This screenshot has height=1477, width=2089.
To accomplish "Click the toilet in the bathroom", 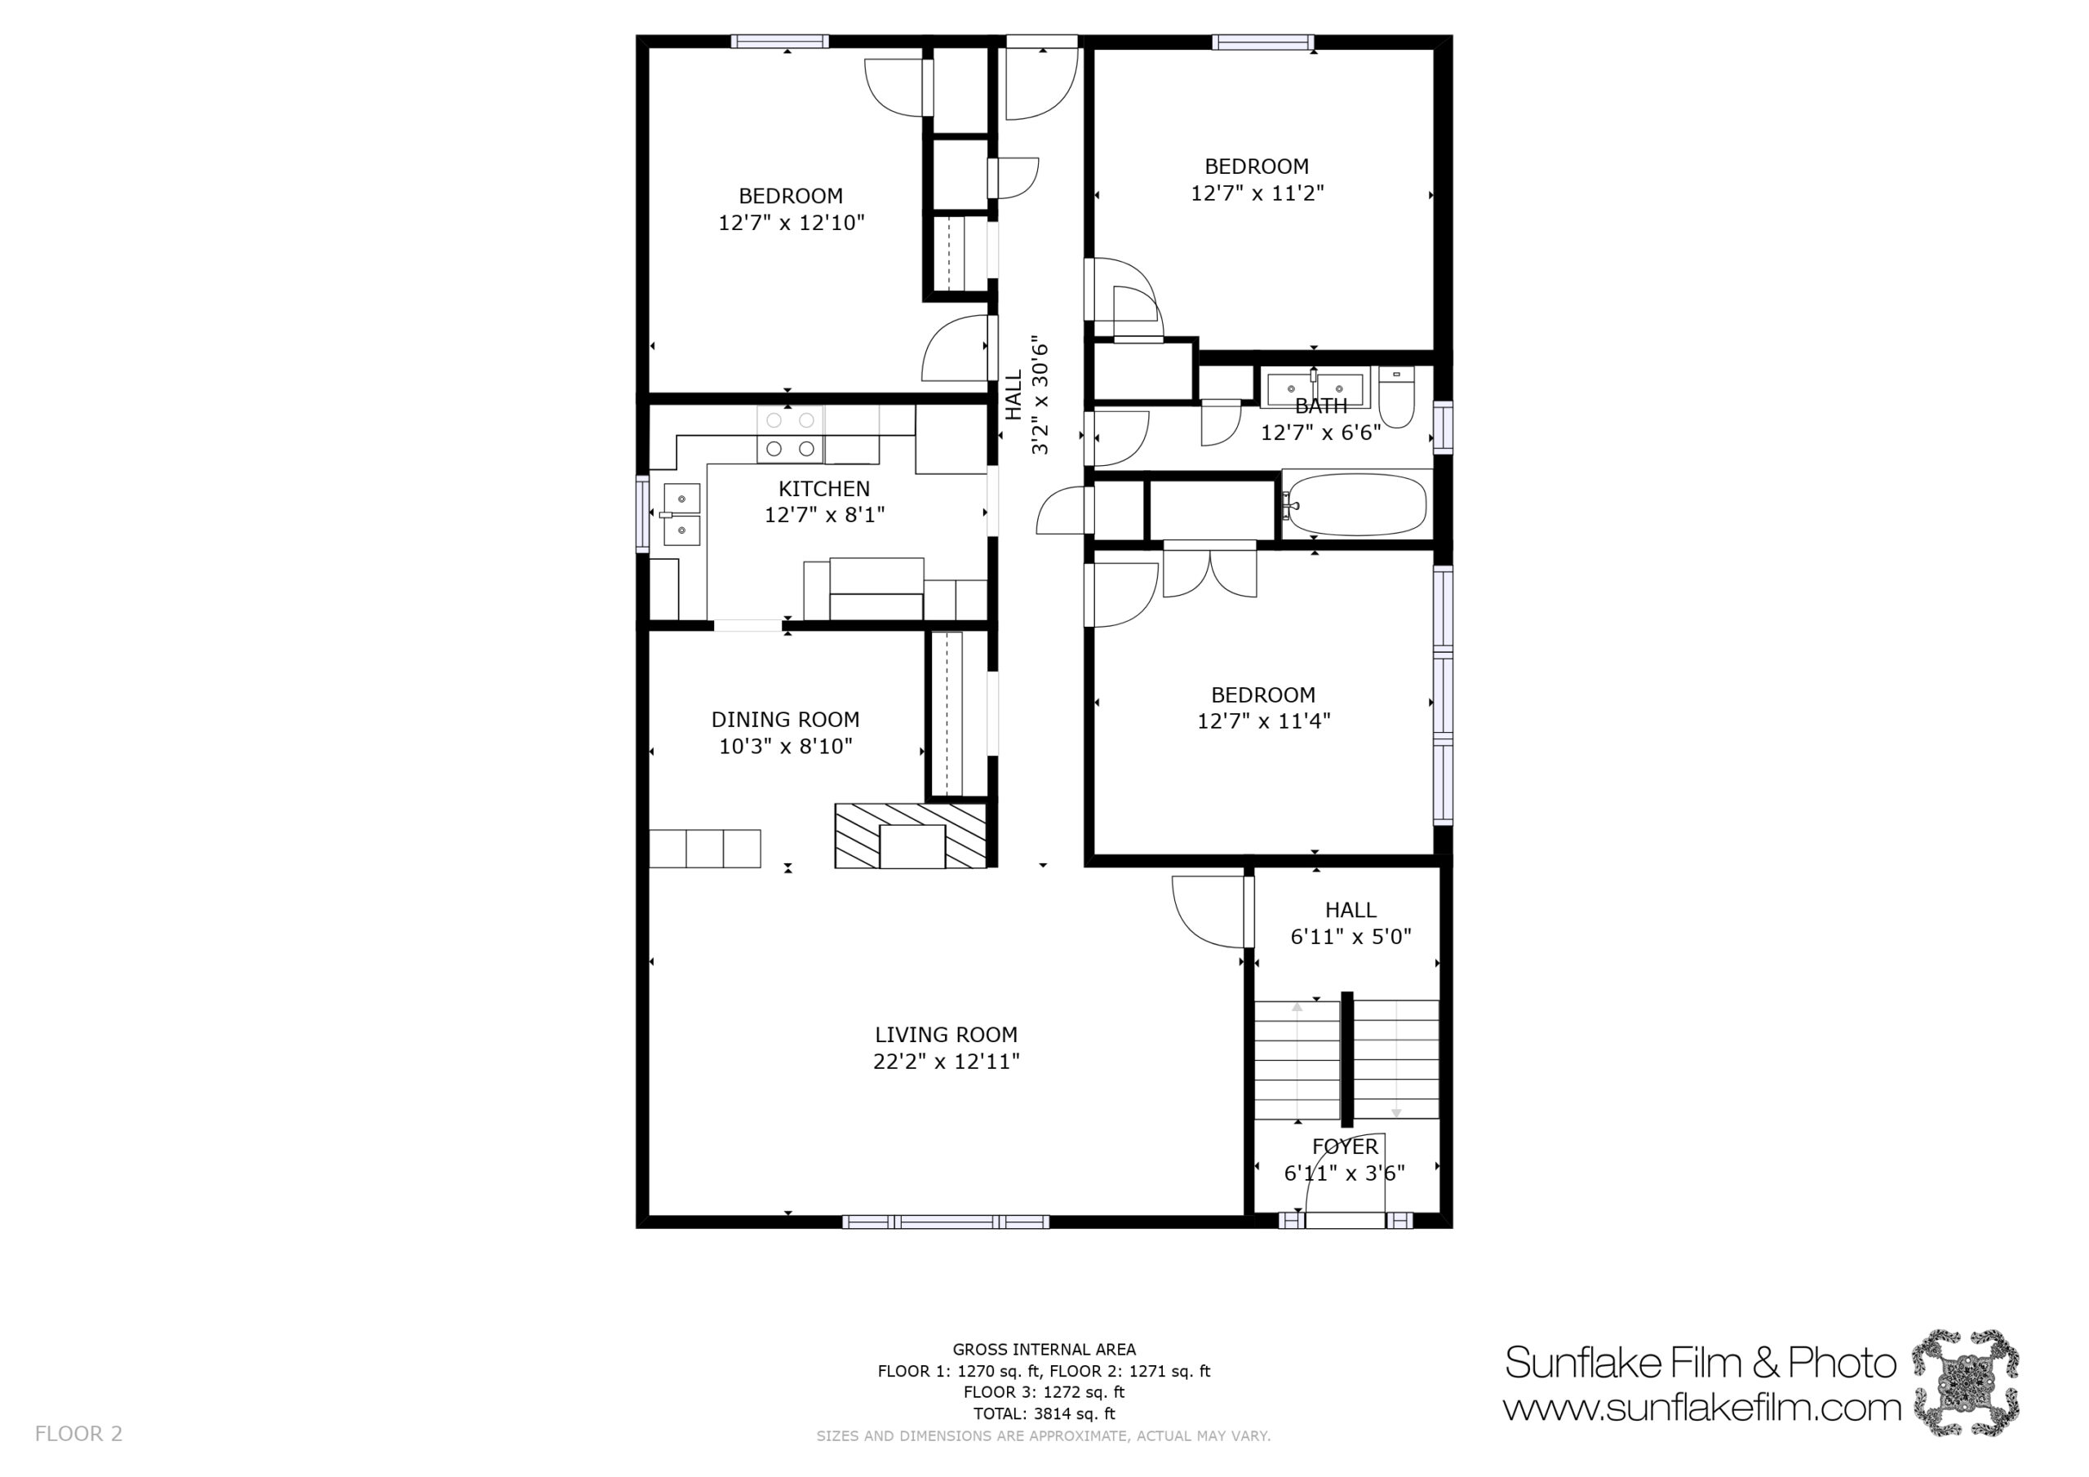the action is click(x=1395, y=397).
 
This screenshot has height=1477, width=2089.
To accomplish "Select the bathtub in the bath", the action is click(x=1356, y=505).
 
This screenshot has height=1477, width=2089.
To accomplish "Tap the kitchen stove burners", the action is click(x=790, y=434).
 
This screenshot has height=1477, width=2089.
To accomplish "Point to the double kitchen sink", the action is click(x=681, y=514).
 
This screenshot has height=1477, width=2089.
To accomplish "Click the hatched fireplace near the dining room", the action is click(x=911, y=836).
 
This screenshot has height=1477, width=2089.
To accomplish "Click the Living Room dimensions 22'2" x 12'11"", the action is click(x=947, y=1061).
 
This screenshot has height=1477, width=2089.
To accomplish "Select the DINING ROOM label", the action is click(x=785, y=720).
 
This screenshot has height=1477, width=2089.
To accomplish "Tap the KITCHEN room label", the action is click(x=824, y=489).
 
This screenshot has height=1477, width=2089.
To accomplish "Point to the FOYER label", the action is click(x=1345, y=1147).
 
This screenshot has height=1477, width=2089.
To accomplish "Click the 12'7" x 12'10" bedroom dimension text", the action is click(x=792, y=223).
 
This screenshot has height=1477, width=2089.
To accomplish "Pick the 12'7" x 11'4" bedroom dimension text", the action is click(x=1264, y=721).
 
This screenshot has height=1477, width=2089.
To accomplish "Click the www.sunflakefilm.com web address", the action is click(x=1701, y=1408).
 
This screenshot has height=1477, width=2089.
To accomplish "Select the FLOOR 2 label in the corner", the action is click(x=78, y=1435).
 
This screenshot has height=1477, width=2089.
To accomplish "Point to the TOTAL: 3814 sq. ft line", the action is click(x=1044, y=1413).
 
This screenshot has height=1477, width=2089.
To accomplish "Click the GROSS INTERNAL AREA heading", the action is click(x=1044, y=1350).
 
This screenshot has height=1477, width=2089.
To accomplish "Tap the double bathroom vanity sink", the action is click(x=1315, y=388).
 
